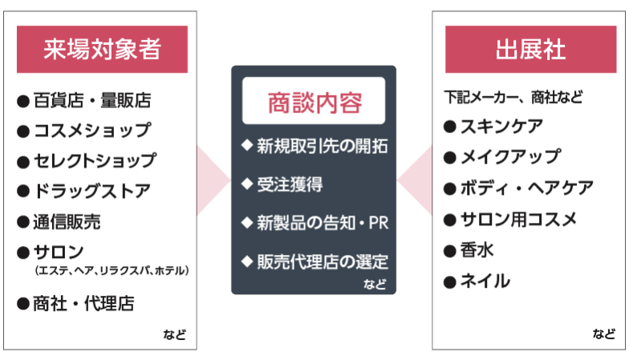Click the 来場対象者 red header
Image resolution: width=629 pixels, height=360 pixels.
(x=102, y=49)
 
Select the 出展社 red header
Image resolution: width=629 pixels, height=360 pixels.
(x=530, y=49)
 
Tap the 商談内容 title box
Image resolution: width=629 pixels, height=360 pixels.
(x=314, y=102)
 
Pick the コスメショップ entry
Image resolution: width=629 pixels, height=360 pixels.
(x=91, y=130)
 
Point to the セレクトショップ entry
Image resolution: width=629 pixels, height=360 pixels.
(x=95, y=160)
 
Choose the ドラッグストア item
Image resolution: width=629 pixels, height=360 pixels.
(x=91, y=191)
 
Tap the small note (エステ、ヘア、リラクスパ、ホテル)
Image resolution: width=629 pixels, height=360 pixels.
(x=112, y=271)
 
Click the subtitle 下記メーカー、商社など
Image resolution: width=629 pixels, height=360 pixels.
(x=513, y=98)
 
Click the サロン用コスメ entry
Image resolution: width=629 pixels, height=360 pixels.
(x=517, y=219)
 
